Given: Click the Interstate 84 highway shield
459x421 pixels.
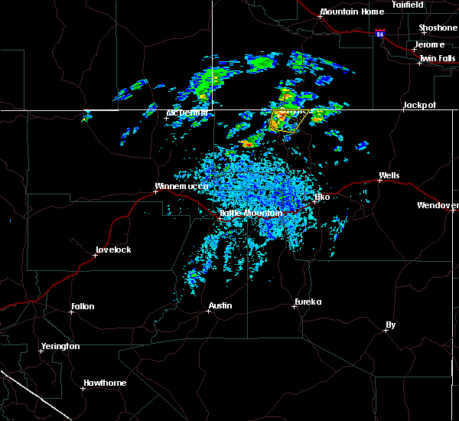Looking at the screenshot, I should click(x=381, y=34).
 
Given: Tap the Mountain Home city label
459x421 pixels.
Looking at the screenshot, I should click(x=352, y=11).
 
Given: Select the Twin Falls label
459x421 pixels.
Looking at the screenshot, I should click(x=438, y=57).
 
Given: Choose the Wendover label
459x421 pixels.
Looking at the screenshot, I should click(x=438, y=205).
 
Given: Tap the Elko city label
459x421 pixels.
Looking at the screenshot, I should click(x=322, y=197).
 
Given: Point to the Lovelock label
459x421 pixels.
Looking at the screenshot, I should click(x=113, y=250).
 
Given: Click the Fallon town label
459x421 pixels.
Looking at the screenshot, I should click(x=83, y=306).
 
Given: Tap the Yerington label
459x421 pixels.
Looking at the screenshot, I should click(x=60, y=346).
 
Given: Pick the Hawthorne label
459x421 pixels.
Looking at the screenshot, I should click(x=105, y=383).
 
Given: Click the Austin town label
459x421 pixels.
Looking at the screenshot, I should click(x=223, y=305).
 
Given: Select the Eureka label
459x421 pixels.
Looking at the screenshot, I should click(x=308, y=302).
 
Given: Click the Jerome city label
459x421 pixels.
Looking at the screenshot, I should click(x=430, y=44).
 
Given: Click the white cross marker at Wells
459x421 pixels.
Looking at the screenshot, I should click(x=379, y=181).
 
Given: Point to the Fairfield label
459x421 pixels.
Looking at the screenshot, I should click(x=407, y=5).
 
